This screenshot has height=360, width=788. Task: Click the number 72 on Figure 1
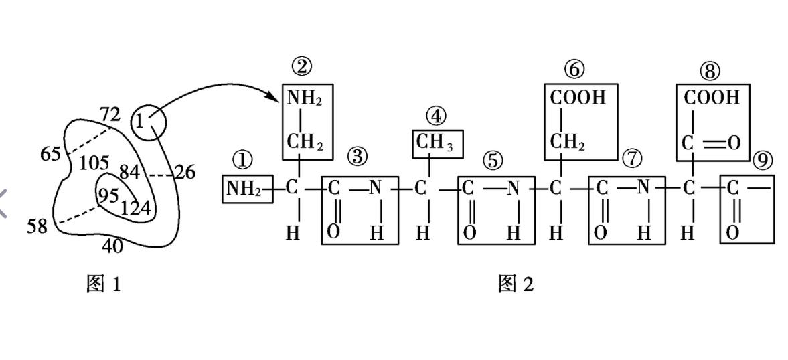pos(110,114)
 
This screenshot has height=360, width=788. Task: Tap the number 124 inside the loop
pos(137,209)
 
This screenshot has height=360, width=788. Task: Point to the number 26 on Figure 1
pos(185,173)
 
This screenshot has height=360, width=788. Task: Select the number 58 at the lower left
pos(37,226)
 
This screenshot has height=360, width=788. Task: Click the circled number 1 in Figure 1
pos(139,122)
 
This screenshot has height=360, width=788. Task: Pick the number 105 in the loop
pos(94,163)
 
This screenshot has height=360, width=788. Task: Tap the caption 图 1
pos(104,284)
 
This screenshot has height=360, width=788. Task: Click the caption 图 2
pos(516,284)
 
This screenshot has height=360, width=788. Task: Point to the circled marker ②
pos(302,66)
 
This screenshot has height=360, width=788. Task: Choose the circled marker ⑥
pos(574,68)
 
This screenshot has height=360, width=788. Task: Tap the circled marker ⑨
pos(762,159)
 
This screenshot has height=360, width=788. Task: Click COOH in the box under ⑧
pos(712,98)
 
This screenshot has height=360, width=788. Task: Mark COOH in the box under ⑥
pos(578,98)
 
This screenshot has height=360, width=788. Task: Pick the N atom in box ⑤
pos(513,189)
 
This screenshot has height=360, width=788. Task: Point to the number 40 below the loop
pos(112,246)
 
